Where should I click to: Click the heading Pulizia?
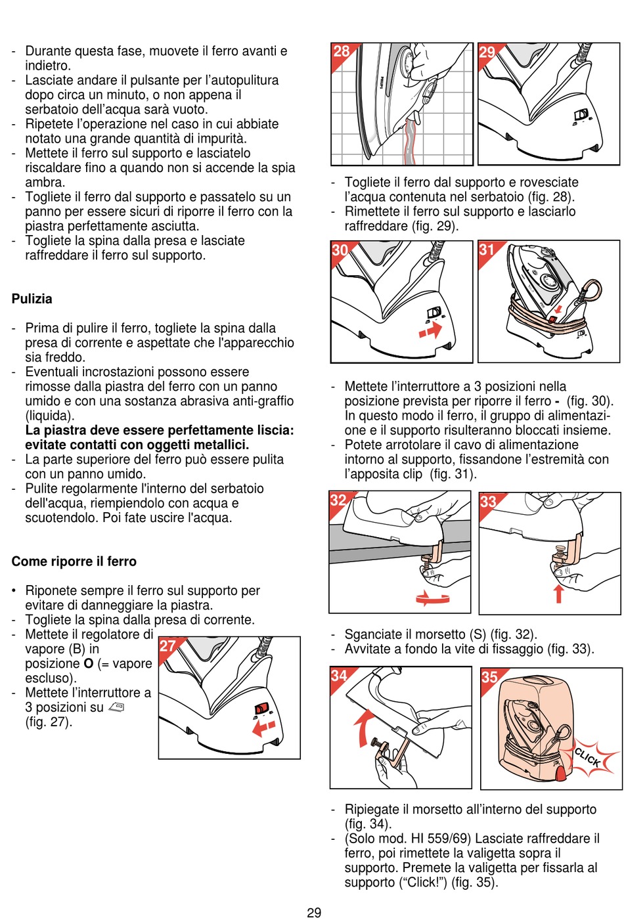click(32, 299)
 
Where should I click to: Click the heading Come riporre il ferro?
click(74, 561)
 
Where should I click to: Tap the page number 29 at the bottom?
click(314, 912)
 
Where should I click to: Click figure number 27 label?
click(168, 646)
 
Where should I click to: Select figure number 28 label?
click(341, 52)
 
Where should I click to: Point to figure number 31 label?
click(487, 250)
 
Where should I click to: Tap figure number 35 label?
click(490, 677)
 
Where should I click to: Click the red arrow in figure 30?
click(430, 332)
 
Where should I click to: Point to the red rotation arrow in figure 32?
click(433, 598)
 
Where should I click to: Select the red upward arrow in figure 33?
click(558, 593)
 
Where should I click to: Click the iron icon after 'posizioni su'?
click(116, 707)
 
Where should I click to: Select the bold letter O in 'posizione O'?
click(89, 664)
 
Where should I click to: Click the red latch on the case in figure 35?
click(561, 773)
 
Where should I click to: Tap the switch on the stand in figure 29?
click(581, 115)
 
